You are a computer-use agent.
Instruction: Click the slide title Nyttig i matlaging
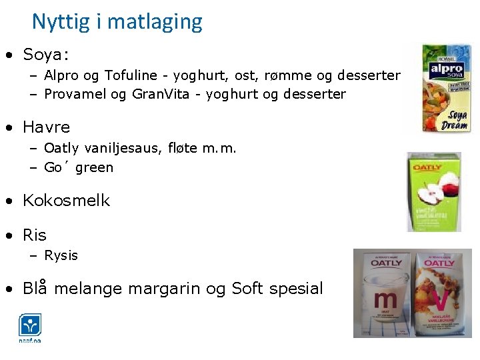click(x=117, y=22)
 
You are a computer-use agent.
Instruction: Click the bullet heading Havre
click(x=46, y=127)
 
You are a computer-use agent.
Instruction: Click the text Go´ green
click(x=79, y=167)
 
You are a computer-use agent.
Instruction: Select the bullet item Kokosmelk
click(x=66, y=201)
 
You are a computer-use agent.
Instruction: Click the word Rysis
click(x=61, y=255)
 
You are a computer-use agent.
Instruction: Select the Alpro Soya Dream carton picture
click(x=446, y=89)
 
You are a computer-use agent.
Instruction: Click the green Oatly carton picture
click(x=433, y=191)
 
